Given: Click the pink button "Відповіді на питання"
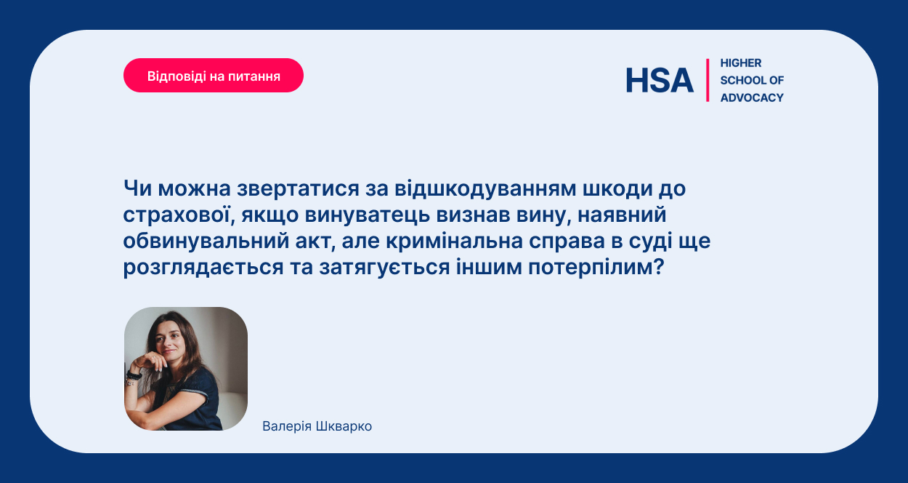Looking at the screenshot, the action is [214, 76].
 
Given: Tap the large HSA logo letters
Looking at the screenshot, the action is [660, 80].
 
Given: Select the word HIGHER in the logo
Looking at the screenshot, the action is [741, 63].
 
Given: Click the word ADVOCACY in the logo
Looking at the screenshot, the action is [752, 97].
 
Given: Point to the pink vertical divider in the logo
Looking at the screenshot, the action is [708, 80].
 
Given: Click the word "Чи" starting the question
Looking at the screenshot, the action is [137, 188].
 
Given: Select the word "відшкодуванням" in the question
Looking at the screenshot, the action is [485, 188].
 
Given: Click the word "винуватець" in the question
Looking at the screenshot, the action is [367, 215].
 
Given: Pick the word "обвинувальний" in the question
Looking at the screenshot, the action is [204, 241].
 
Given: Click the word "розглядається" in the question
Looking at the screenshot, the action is [203, 268].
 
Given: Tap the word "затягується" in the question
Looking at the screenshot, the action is [384, 268].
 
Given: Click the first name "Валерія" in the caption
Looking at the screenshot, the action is [287, 426].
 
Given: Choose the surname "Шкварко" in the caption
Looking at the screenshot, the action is [344, 426].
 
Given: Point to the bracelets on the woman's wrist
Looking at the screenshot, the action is [133, 378].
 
